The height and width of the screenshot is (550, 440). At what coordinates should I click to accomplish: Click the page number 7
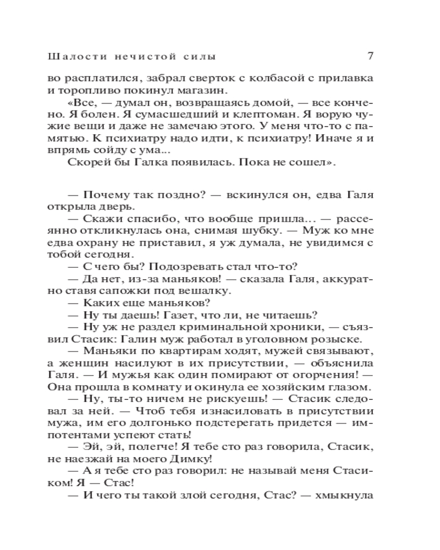tap(370, 56)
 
